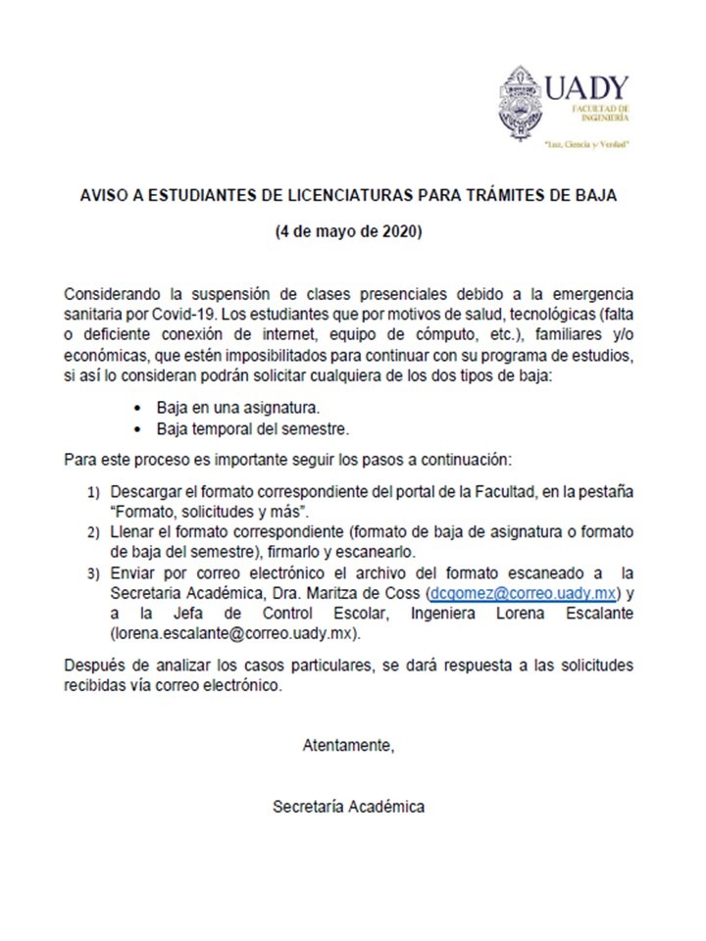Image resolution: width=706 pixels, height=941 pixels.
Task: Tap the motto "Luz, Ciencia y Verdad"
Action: [x=586, y=143]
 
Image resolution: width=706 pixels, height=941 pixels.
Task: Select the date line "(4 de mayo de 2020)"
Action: [x=348, y=232]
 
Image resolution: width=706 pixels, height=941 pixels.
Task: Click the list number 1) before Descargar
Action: [x=94, y=489]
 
